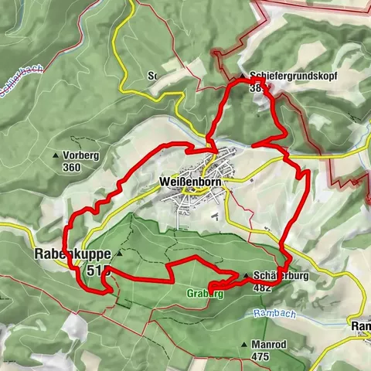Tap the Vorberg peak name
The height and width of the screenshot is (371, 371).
[x=81, y=155]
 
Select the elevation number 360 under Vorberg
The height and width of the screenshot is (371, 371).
[x=72, y=167]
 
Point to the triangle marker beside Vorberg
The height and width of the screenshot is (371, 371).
[x=55, y=155]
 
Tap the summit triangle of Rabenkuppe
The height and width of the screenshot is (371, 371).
[x=119, y=253]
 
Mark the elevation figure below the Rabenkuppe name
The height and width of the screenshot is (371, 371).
[x=100, y=271]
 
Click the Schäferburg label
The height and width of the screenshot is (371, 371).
[x=276, y=275]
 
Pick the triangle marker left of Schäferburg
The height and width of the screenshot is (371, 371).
[x=246, y=275]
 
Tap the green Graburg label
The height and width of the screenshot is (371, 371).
[x=206, y=294]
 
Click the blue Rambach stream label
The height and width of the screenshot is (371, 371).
[x=271, y=314]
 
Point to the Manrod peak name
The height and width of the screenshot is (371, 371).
[x=271, y=344]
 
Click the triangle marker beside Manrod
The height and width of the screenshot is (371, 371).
[x=246, y=344]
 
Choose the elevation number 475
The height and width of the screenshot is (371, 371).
[x=261, y=356]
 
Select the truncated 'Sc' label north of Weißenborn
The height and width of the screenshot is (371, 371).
[x=152, y=77]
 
